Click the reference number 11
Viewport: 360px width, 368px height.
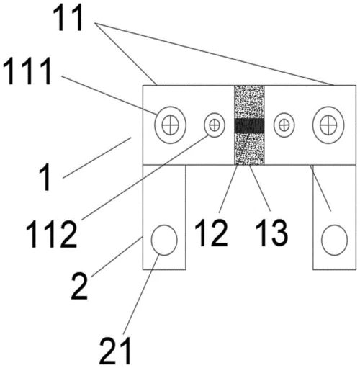(x=68, y=19)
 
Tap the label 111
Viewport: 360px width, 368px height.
(x=27, y=71)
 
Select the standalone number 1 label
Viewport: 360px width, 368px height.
(x=45, y=177)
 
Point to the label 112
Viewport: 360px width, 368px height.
(x=51, y=234)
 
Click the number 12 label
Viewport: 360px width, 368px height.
(x=211, y=233)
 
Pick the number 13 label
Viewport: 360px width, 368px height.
(x=271, y=233)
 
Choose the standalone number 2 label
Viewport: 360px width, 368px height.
(x=79, y=287)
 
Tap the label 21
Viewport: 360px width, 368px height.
(x=116, y=351)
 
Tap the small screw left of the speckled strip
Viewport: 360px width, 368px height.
(x=215, y=125)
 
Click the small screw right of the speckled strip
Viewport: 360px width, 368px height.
(x=284, y=125)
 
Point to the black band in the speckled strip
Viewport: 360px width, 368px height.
(x=249, y=126)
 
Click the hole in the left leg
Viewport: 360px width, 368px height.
(x=164, y=240)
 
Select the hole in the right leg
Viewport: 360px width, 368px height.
(x=334, y=240)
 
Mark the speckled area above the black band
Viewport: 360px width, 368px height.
(x=249, y=102)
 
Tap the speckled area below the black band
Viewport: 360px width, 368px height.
(x=249, y=149)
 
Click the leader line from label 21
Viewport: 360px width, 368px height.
(x=141, y=294)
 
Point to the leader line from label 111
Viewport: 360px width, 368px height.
(x=109, y=95)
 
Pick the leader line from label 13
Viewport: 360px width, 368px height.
(x=259, y=188)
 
